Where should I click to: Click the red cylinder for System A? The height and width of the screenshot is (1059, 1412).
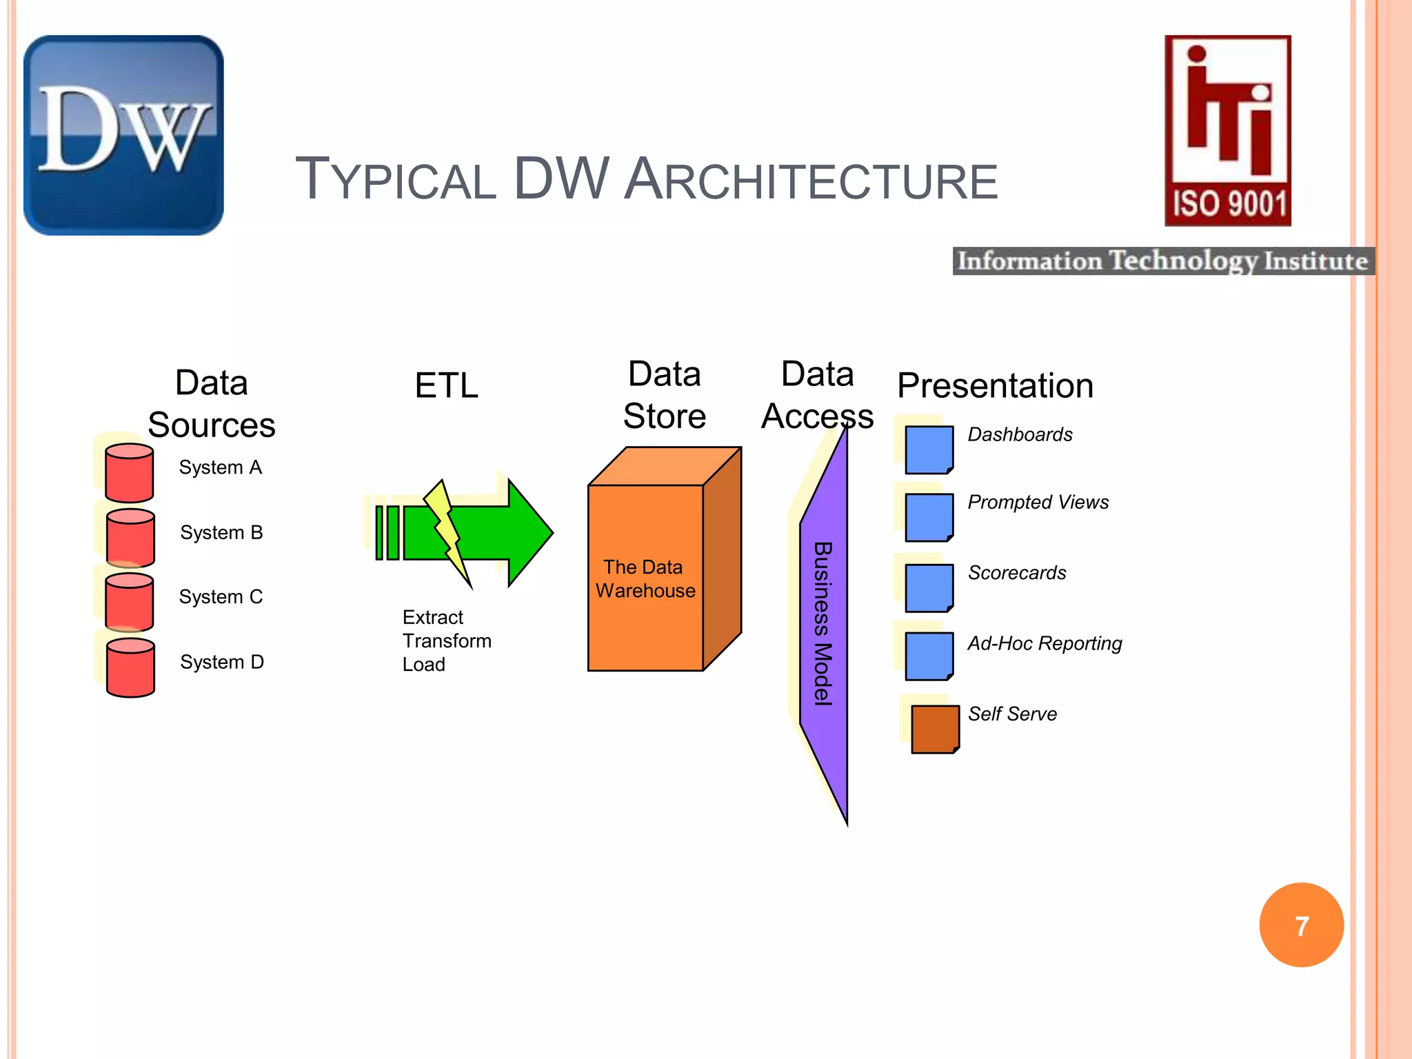pyautogui.click(x=129, y=473)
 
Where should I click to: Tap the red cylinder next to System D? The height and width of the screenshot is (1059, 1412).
pyautogui.click(x=130, y=668)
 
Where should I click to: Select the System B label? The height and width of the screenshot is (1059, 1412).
pyautogui.click(x=221, y=532)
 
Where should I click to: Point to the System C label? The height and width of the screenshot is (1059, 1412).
pyautogui.click(x=221, y=596)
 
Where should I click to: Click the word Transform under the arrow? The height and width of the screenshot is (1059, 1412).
pyautogui.click(x=447, y=641)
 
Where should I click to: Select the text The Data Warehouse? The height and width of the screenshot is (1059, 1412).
pyautogui.click(x=645, y=579)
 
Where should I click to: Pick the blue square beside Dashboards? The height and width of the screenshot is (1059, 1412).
pyautogui.click(x=929, y=450)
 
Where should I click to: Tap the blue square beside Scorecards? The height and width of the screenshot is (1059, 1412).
pyautogui.click(x=929, y=587)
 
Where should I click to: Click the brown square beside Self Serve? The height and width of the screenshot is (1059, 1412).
pyautogui.click(x=935, y=729)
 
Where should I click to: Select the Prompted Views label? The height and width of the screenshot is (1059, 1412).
pyautogui.click(x=1038, y=502)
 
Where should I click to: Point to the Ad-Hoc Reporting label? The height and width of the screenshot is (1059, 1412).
pyautogui.click(x=1045, y=643)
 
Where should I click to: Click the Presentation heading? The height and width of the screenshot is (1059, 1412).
pyautogui.click(x=995, y=385)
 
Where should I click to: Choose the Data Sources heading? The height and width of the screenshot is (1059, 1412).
pyautogui.click(x=212, y=404)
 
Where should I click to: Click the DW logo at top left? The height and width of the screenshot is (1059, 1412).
pyautogui.click(x=124, y=135)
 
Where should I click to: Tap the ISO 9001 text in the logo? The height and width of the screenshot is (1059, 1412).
pyautogui.click(x=1229, y=204)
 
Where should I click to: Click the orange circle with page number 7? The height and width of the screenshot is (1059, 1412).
pyautogui.click(x=1301, y=925)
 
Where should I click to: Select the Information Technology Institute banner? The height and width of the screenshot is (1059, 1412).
pyautogui.click(x=1163, y=261)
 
